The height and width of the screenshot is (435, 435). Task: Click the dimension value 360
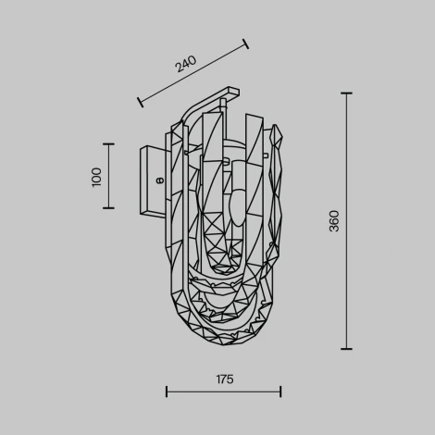(334, 220)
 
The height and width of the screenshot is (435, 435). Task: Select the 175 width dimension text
(223, 379)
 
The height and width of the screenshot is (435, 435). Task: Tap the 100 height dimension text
(96, 176)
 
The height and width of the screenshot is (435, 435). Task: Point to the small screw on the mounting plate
(159, 181)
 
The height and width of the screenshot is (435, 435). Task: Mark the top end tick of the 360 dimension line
(346, 93)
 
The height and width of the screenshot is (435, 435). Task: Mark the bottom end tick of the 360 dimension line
(346, 349)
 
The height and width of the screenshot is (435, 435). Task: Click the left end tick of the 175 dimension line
(167, 391)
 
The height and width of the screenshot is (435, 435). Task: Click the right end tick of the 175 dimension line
(280, 391)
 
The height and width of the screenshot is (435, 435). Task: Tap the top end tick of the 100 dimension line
(108, 144)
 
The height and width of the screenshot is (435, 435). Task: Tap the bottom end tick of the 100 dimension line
(108, 208)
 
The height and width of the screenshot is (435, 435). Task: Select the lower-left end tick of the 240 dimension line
(139, 101)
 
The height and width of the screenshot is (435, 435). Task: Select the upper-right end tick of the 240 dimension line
(246, 43)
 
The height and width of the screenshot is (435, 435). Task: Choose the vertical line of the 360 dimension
(346, 278)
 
